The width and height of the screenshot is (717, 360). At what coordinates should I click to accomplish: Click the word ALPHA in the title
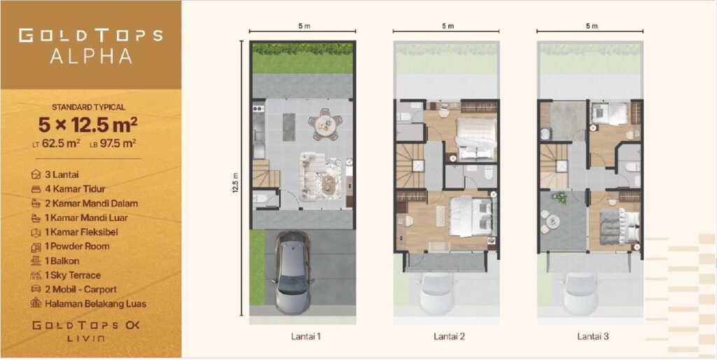(x=90, y=56)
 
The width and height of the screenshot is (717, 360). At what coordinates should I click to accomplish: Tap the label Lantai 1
(x=306, y=337)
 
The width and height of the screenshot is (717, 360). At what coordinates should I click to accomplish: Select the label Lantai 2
(x=450, y=337)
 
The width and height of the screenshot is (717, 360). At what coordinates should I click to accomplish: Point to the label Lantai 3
(x=592, y=337)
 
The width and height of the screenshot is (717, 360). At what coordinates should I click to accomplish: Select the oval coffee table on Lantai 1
(x=329, y=184)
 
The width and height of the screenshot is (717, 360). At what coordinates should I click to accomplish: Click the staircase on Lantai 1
(x=265, y=173)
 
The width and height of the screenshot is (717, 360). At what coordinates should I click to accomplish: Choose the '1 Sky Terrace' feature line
(x=73, y=275)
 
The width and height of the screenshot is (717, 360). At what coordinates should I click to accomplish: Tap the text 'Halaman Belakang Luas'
(x=95, y=304)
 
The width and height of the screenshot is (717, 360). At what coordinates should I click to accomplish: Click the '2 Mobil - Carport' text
(x=81, y=289)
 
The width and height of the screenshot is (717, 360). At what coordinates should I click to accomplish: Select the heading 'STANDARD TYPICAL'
(x=88, y=107)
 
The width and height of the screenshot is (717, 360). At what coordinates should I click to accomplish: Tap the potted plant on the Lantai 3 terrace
(x=559, y=198)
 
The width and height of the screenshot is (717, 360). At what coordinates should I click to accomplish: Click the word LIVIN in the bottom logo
(x=86, y=339)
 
